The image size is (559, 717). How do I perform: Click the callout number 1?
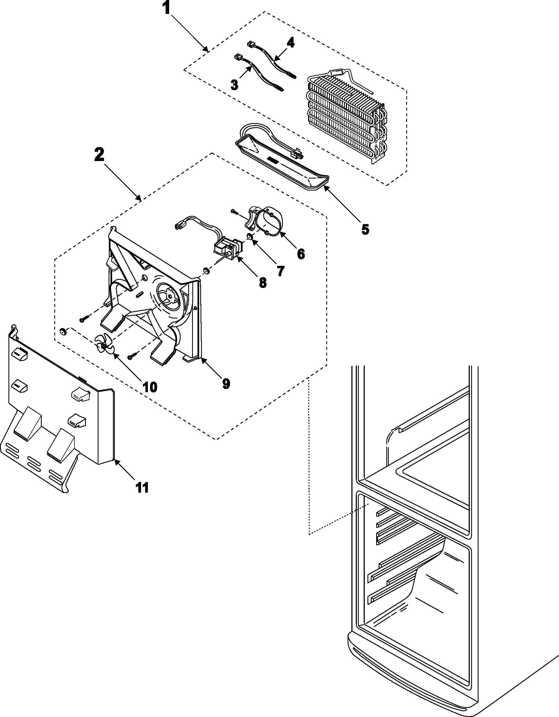pyautogui.click(x=167, y=8)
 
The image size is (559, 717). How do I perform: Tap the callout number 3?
pyautogui.click(x=234, y=85)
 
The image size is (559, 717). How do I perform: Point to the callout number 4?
pyautogui.click(x=290, y=43)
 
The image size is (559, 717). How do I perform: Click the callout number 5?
pyautogui.click(x=365, y=230)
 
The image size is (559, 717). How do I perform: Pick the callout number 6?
pyautogui.click(x=301, y=254)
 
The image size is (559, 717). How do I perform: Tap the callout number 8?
pyautogui.click(x=263, y=283)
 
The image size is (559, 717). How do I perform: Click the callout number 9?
pyautogui.click(x=226, y=383)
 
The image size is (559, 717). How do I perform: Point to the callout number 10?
pyautogui.click(x=150, y=387)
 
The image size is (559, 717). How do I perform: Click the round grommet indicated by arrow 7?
pyautogui.click(x=250, y=237)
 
